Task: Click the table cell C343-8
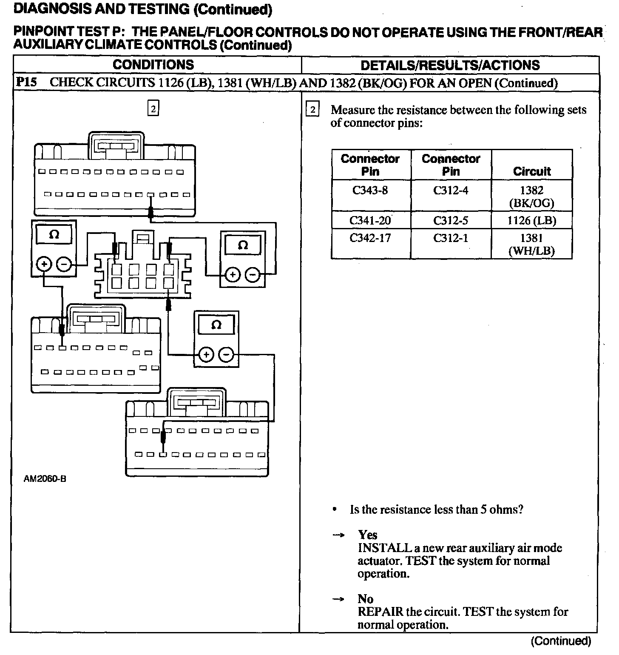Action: [370, 190]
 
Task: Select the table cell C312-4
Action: [451, 190]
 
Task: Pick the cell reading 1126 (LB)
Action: [531, 220]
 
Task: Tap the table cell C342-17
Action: [370, 238]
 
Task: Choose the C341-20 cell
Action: [370, 220]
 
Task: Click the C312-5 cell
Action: [451, 220]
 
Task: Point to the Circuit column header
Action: [531, 171]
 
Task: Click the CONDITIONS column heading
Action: [153, 65]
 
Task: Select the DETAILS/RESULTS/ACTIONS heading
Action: [450, 65]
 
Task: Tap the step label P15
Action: [26, 82]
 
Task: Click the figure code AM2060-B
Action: [45, 479]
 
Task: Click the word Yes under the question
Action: [367, 535]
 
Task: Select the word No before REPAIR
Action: [365, 599]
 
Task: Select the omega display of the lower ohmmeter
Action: [216, 326]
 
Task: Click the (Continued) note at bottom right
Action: [561, 641]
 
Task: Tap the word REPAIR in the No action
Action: [380, 612]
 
